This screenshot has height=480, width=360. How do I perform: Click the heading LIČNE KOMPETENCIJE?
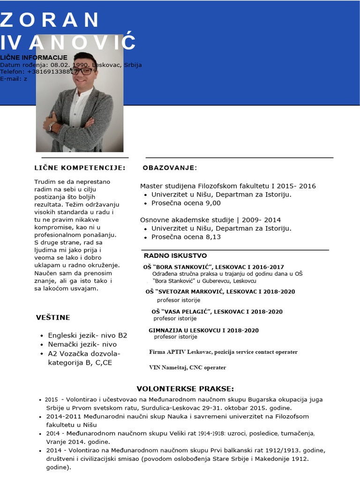pyautogui.click(x=80, y=168)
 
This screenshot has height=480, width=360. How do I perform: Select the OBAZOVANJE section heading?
pyautogui.click(x=170, y=168)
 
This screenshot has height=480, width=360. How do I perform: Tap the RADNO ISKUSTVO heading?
pyautogui.click(x=175, y=256)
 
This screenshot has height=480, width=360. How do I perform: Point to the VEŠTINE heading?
pyautogui.click(x=53, y=318)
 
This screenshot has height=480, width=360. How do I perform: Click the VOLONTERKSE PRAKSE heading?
pyautogui.click(x=185, y=389)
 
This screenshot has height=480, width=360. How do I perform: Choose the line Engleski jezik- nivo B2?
pyautogui.click(x=88, y=336)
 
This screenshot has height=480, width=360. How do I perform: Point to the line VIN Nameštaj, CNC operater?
pyautogui.click(x=187, y=367)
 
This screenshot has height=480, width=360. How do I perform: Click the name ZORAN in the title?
pyautogui.click(x=50, y=20)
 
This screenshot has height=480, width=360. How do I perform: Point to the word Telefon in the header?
pyautogui.click(x=12, y=72)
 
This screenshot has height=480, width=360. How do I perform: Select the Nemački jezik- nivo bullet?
pyautogui.click(x=82, y=345)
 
